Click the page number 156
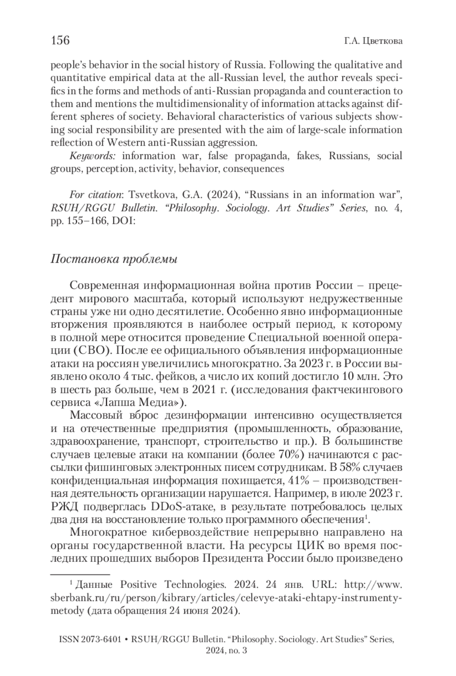click(x=60, y=40)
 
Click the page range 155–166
click(x=84, y=221)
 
